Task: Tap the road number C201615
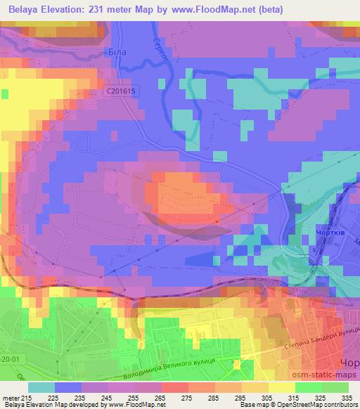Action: [x=124, y=91]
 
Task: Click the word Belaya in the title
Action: [x=20, y=10]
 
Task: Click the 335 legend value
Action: [x=347, y=397]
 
